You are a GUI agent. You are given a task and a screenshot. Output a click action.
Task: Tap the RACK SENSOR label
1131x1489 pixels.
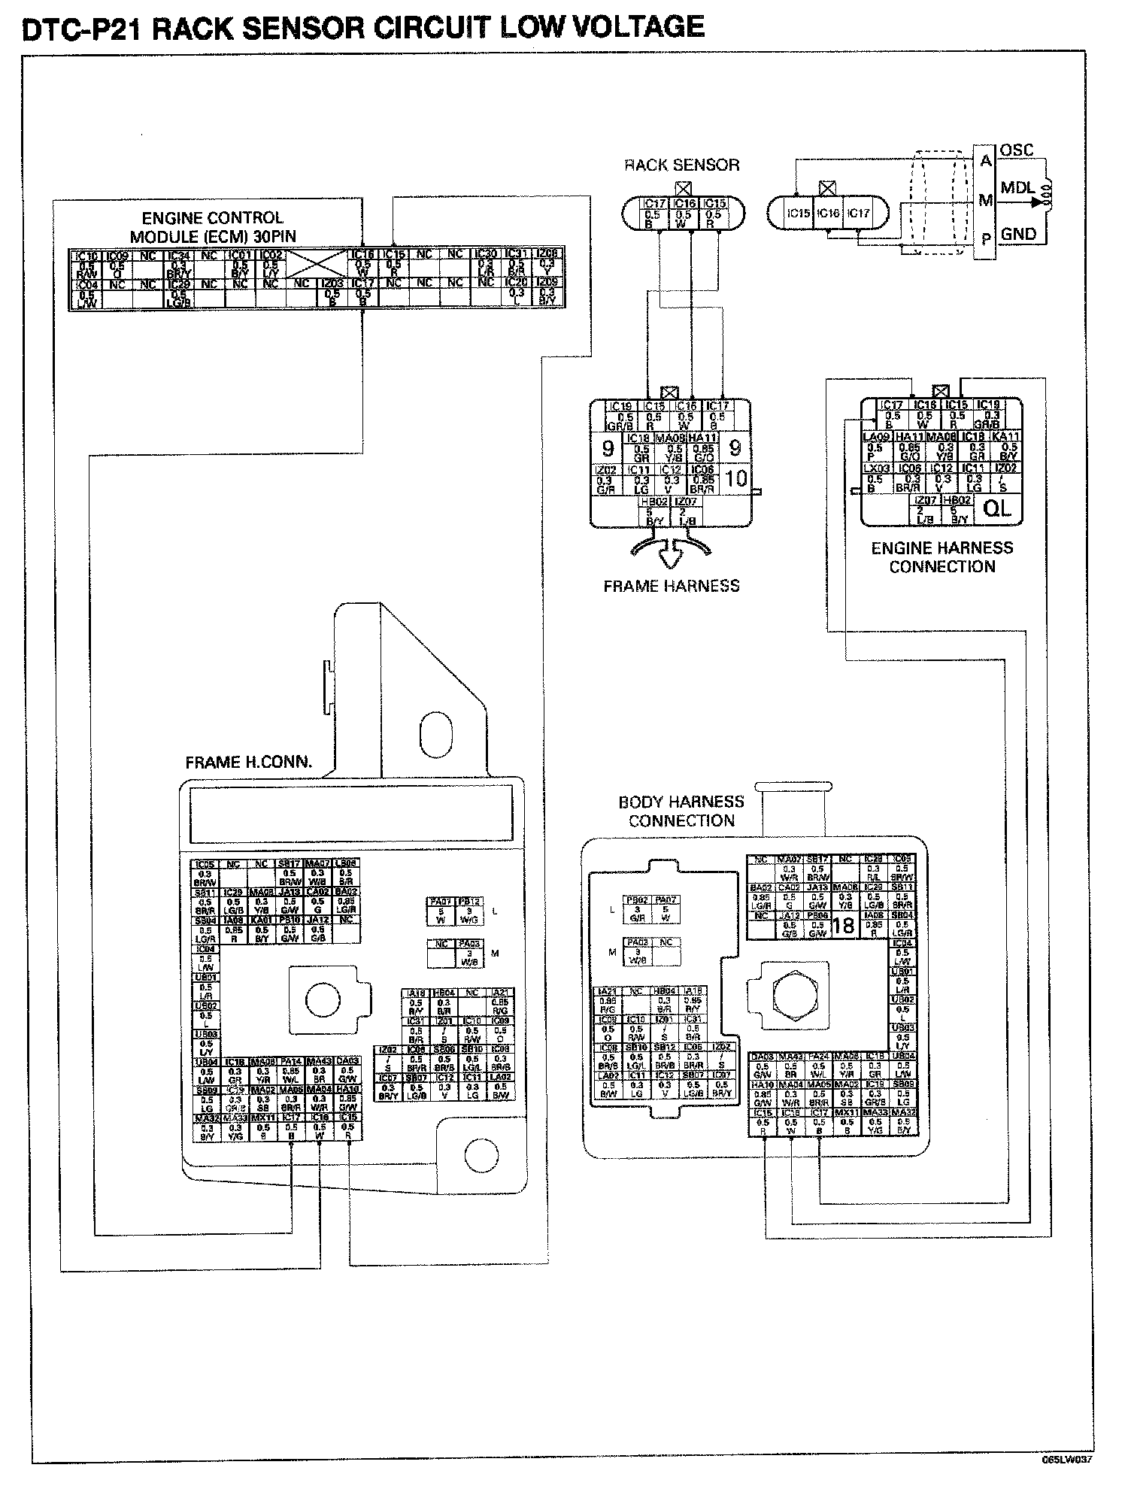tap(682, 165)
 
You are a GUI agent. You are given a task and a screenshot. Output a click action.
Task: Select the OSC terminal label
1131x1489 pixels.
tap(1017, 150)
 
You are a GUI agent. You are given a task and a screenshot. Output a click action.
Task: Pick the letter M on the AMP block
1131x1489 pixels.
tap(985, 201)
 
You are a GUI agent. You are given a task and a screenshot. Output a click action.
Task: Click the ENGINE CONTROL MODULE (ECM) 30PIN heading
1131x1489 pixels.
tap(213, 227)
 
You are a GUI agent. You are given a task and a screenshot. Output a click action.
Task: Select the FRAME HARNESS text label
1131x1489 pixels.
tap(672, 586)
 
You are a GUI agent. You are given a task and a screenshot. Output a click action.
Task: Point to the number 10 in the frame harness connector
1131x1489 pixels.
tap(736, 478)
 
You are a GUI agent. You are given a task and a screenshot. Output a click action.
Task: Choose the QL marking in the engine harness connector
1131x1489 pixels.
tap(998, 509)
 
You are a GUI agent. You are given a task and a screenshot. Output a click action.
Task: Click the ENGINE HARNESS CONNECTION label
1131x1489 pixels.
tap(942, 557)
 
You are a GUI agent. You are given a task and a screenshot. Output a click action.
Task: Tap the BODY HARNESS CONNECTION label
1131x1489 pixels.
tap(681, 811)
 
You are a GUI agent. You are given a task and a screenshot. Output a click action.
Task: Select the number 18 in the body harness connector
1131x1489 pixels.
tap(844, 926)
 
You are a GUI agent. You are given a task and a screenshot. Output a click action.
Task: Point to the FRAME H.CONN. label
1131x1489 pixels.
tap(249, 763)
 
